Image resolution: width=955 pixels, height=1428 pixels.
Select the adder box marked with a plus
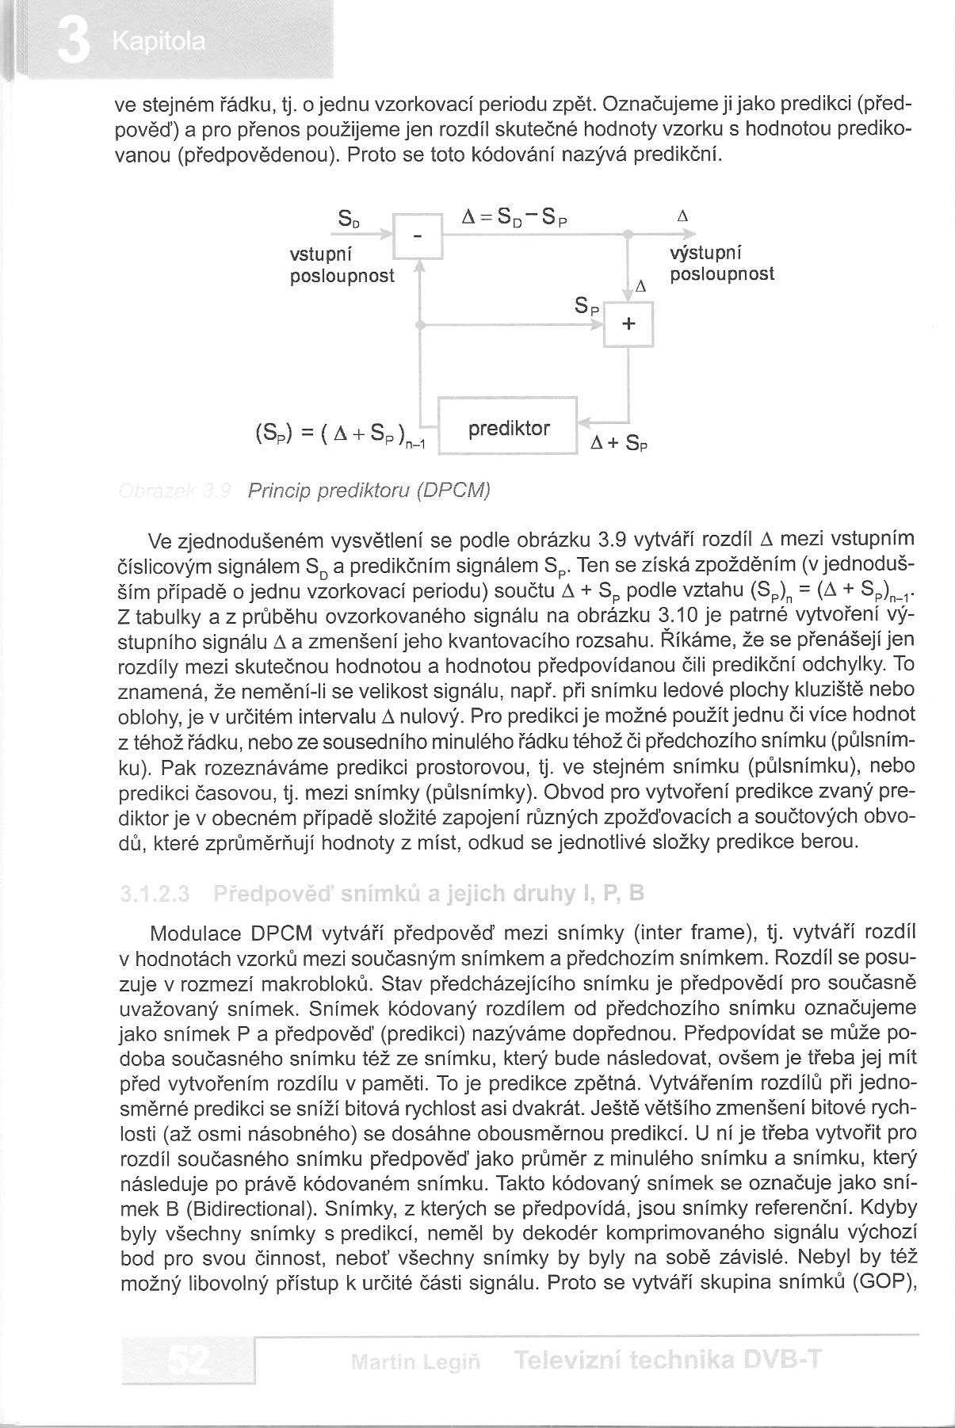tap(629, 324)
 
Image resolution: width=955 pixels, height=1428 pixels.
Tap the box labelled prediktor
tap(508, 429)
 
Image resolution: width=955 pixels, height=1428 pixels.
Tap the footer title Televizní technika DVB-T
tap(666, 1361)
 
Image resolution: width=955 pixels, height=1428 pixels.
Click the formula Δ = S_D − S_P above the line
tap(515, 217)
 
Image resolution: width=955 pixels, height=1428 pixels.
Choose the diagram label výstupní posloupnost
tap(721, 264)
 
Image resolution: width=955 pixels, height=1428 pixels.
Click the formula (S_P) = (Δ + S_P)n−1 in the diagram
tap(341, 437)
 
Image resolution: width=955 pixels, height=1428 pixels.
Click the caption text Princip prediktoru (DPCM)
tap(369, 491)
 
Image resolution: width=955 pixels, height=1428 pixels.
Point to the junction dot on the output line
tap(627, 235)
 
